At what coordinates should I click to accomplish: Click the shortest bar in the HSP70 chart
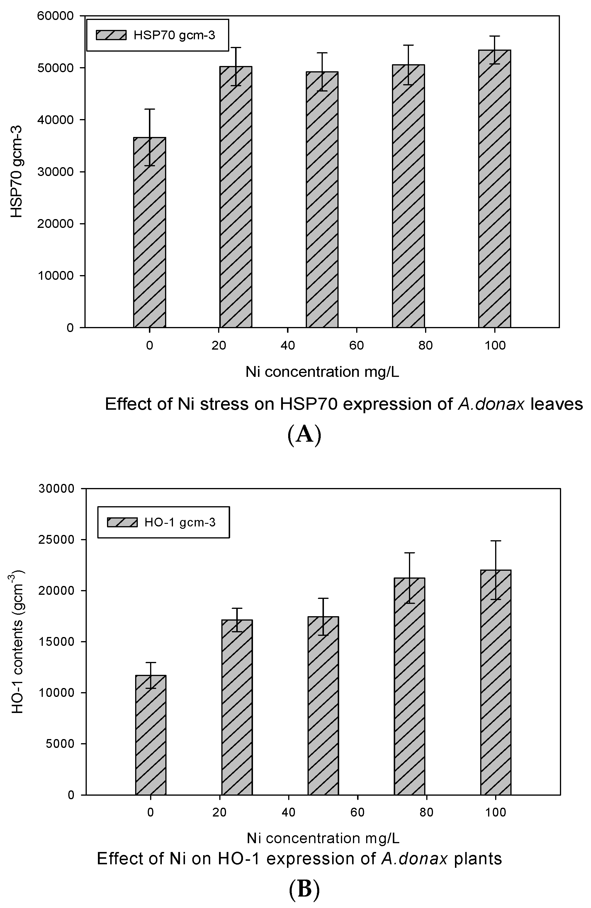coord(150,233)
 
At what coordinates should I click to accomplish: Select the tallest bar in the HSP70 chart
coord(495,189)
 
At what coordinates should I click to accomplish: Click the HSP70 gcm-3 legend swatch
coord(111,35)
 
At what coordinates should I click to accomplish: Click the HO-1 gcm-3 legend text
coord(180,522)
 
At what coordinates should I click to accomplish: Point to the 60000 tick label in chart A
coord(56,16)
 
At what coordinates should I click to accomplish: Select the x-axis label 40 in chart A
coord(288,346)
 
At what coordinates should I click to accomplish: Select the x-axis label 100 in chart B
coord(496,813)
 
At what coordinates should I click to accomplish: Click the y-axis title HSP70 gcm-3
coord(17,172)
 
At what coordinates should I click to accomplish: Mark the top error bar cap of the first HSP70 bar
coord(150,109)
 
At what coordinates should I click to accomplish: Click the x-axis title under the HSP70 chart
coord(322,372)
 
